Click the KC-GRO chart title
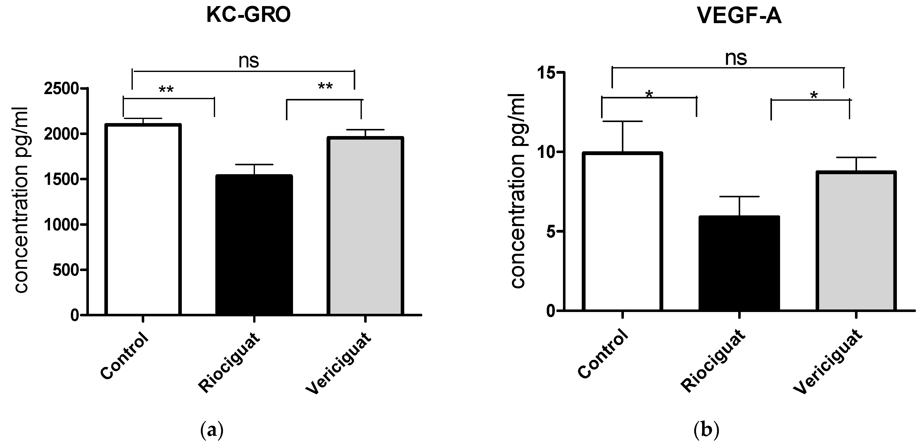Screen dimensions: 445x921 [x=249, y=16]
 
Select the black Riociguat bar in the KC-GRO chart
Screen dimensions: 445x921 [x=254, y=245]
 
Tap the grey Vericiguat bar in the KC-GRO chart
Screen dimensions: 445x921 [x=365, y=226]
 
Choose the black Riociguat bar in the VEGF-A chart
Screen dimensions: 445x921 [x=739, y=263]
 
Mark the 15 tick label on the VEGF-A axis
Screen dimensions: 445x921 [x=547, y=73]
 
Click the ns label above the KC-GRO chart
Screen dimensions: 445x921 [x=249, y=61]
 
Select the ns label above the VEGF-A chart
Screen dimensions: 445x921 [x=736, y=58]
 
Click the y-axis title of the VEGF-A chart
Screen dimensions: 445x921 [x=517, y=191]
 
